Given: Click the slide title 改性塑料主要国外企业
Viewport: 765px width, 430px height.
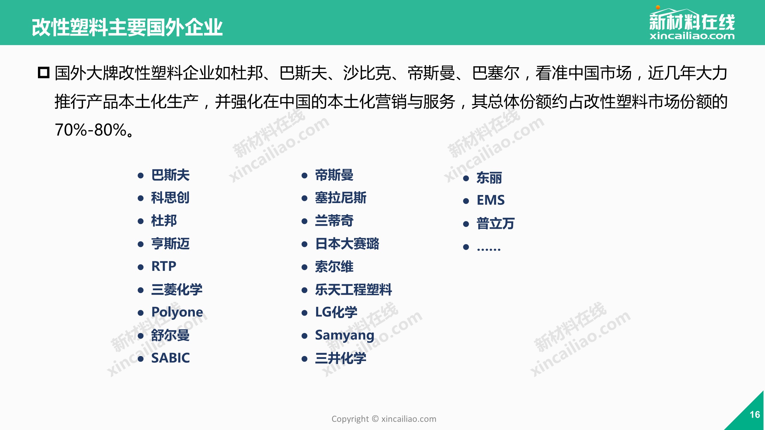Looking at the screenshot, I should point(127,27).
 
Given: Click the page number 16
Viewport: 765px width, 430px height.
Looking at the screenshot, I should point(755,414).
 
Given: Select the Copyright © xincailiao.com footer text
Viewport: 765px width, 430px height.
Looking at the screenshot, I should point(384,419).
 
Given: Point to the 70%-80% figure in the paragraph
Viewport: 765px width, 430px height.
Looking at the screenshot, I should point(91,130).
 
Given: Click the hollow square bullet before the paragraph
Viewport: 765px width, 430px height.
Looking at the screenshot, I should point(44,73).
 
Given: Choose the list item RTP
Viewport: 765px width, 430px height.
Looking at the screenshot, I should point(164,266).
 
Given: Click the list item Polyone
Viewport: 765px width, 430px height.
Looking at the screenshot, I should point(177,312).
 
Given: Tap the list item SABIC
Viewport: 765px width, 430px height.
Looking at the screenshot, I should point(170,358).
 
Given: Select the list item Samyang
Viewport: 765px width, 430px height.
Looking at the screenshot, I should point(345,335).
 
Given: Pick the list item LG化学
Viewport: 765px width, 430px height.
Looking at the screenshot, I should point(336,312).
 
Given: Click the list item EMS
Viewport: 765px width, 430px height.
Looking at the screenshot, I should point(490,200).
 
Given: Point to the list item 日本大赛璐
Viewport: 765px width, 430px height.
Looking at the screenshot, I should point(347,244).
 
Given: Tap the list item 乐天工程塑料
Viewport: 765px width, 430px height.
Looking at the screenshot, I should point(354,290).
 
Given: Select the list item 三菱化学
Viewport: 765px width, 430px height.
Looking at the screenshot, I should point(177,290).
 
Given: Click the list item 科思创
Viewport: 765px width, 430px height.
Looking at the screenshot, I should point(170,198).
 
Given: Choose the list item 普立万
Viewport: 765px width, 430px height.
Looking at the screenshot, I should point(495,224).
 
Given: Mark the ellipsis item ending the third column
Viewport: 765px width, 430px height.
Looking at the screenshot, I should point(489,248).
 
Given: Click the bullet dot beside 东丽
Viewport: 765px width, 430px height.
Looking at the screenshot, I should point(466,179).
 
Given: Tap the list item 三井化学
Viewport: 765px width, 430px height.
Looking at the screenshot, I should point(341,358).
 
